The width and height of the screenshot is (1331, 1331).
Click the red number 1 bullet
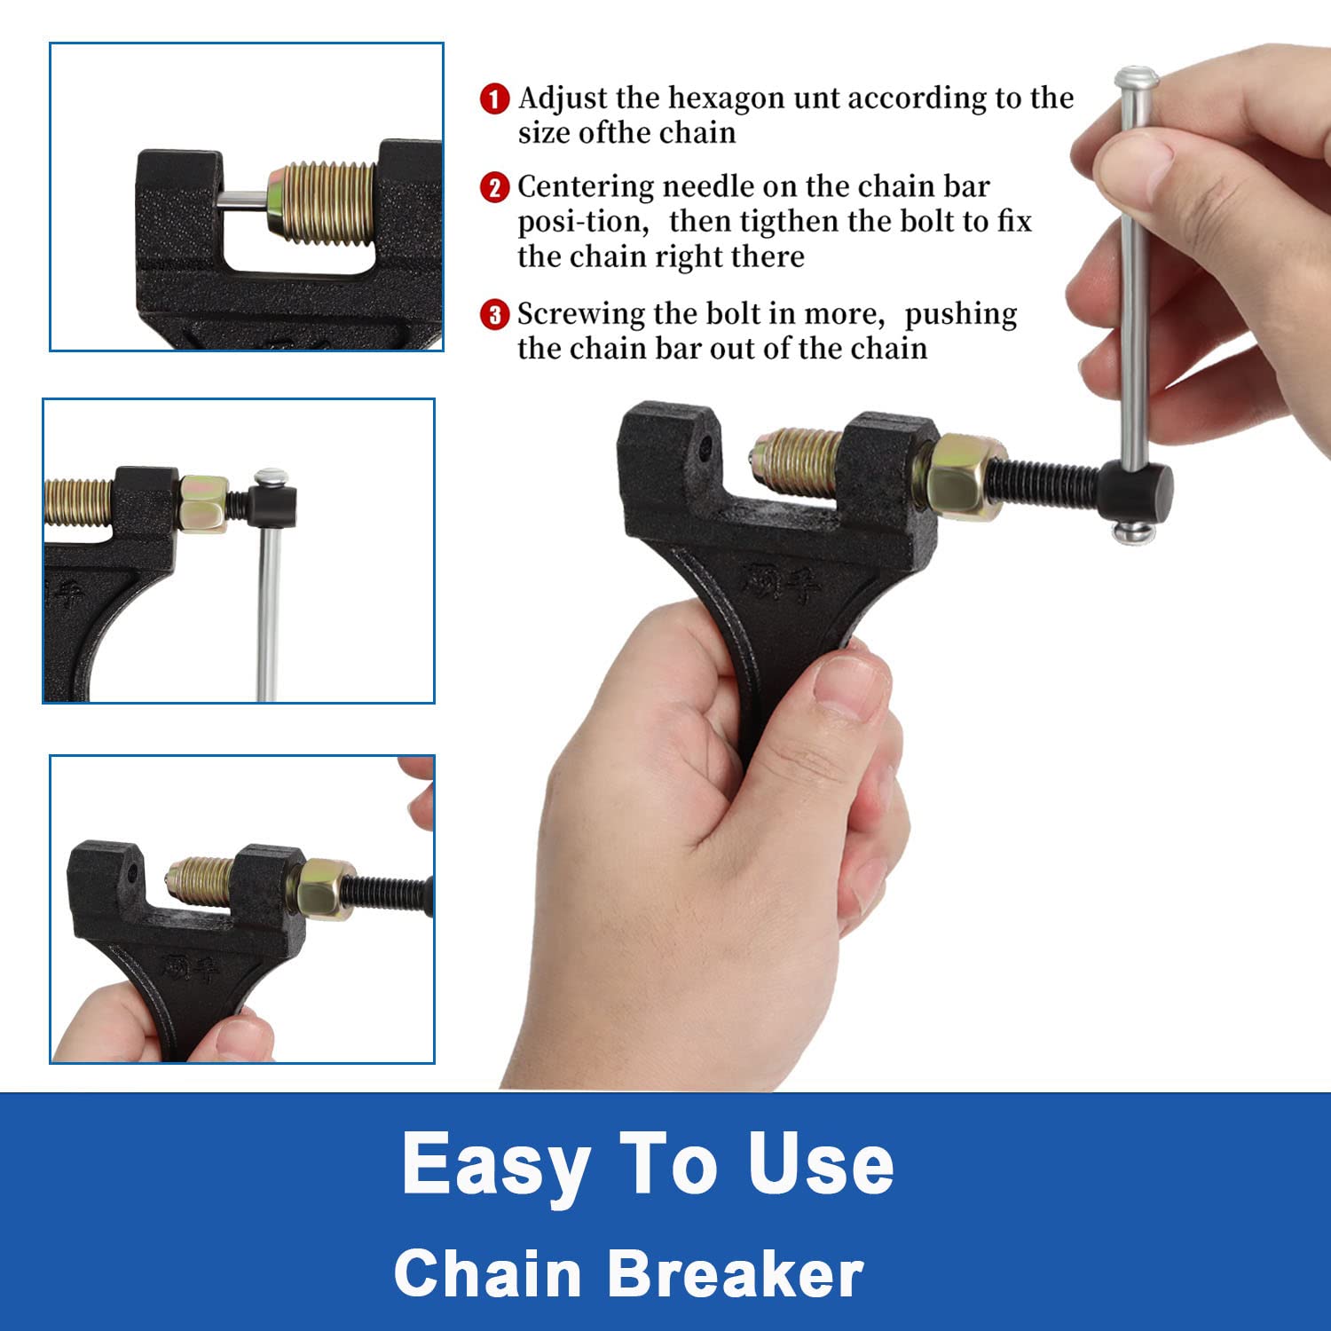click(x=494, y=98)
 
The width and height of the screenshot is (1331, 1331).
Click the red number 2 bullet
click(x=494, y=187)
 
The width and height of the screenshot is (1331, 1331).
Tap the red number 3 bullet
click(x=494, y=315)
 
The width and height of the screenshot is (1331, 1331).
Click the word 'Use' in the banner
click(x=820, y=1164)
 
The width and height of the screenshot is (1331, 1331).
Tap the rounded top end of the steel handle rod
click(x=1137, y=78)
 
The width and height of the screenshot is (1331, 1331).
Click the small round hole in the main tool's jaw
click(x=705, y=445)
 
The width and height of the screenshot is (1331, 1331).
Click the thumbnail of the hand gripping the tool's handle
click(x=242, y=910)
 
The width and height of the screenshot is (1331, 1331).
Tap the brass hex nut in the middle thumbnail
click(x=203, y=503)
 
